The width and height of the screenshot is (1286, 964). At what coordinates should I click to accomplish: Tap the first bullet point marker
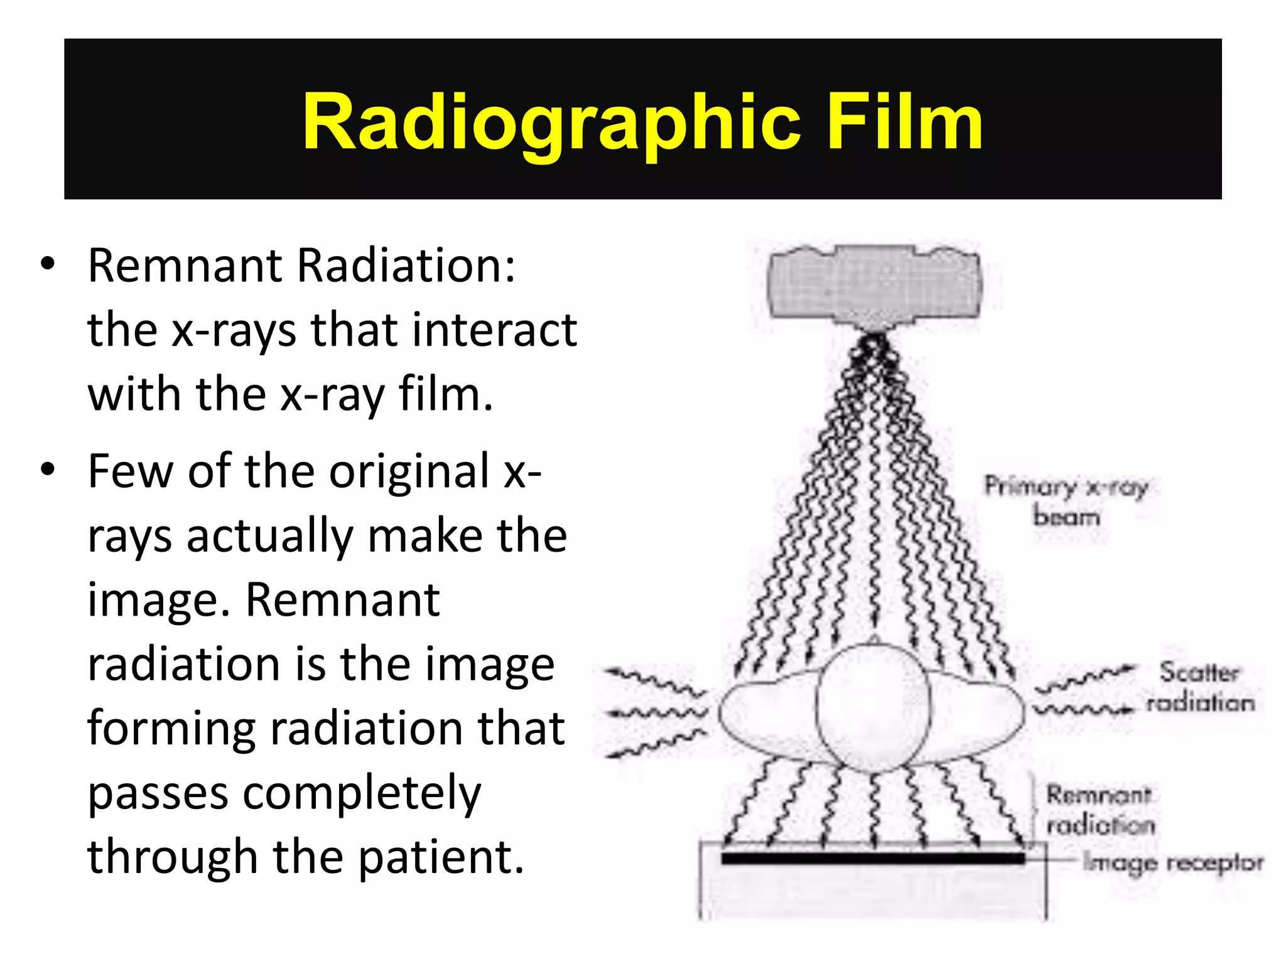(48, 264)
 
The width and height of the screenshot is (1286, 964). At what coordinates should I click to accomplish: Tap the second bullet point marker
(48, 470)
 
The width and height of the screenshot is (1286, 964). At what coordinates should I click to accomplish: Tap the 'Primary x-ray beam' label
(1066, 501)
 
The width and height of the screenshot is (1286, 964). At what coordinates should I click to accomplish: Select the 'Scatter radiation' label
(1200, 687)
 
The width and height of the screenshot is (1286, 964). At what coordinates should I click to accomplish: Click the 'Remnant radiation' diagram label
(1100, 810)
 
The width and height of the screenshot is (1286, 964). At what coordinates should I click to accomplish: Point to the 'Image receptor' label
(1173, 863)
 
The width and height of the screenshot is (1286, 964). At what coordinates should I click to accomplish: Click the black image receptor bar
(873, 858)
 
